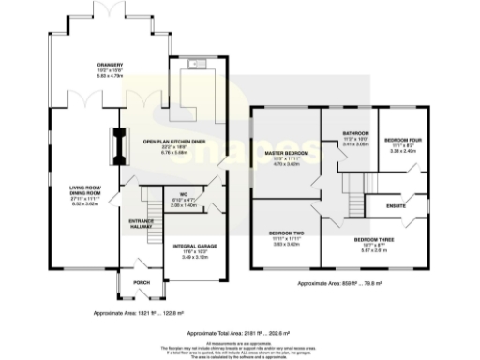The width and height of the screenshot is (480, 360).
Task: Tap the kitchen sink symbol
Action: [199, 63]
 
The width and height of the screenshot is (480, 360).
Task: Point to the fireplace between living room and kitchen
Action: [119, 144]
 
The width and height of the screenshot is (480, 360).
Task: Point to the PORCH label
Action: [142, 282]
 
